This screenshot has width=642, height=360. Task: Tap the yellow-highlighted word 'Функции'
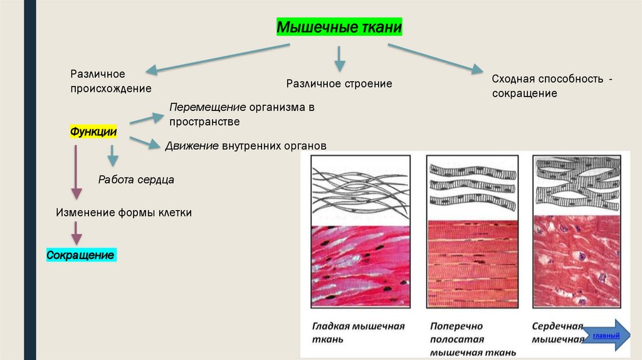pyautogui.click(x=93, y=132)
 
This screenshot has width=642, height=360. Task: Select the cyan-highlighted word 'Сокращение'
pyautogui.click(x=81, y=255)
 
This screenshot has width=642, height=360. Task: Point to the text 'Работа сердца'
pyautogui.click(x=136, y=179)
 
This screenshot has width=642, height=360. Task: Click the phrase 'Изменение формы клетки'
pyautogui.click(x=124, y=213)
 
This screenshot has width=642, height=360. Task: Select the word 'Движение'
pyautogui.click(x=192, y=146)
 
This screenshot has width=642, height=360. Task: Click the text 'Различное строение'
pyautogui.click(x=339, y=83)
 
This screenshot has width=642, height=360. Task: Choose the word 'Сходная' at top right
pyautogui.click(x=512, y=80)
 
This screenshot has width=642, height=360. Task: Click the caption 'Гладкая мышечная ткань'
pyautogui.click(x=358, y=332)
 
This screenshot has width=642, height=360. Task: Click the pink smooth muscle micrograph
pyautogui.click(x=360, y=266)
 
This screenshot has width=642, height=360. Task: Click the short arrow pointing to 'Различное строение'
pyautogui.click(x=339, y=58)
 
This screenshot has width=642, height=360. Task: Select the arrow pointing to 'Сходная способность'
pyautogui.click(x=436, y=56)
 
